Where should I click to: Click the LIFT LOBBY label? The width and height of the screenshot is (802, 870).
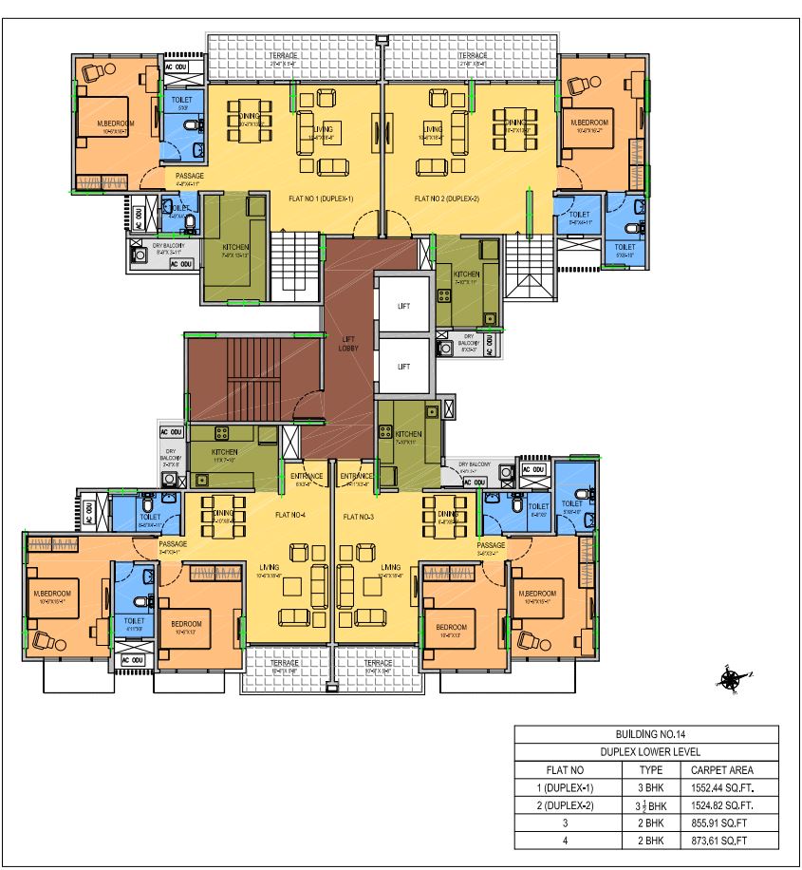pos(348,344)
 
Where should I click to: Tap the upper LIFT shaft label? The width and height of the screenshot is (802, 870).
pos(403,305)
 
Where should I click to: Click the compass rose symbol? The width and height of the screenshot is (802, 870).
pos(732,678)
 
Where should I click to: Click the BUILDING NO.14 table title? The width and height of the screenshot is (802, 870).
pos(646,734)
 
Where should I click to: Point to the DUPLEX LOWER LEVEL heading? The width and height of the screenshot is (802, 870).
pos(646,752)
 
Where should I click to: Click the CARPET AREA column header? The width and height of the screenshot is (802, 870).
pos(723,770)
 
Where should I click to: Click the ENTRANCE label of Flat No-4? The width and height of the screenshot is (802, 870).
pos(307,476)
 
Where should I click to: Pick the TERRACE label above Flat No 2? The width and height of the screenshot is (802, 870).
pos(473,56)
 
